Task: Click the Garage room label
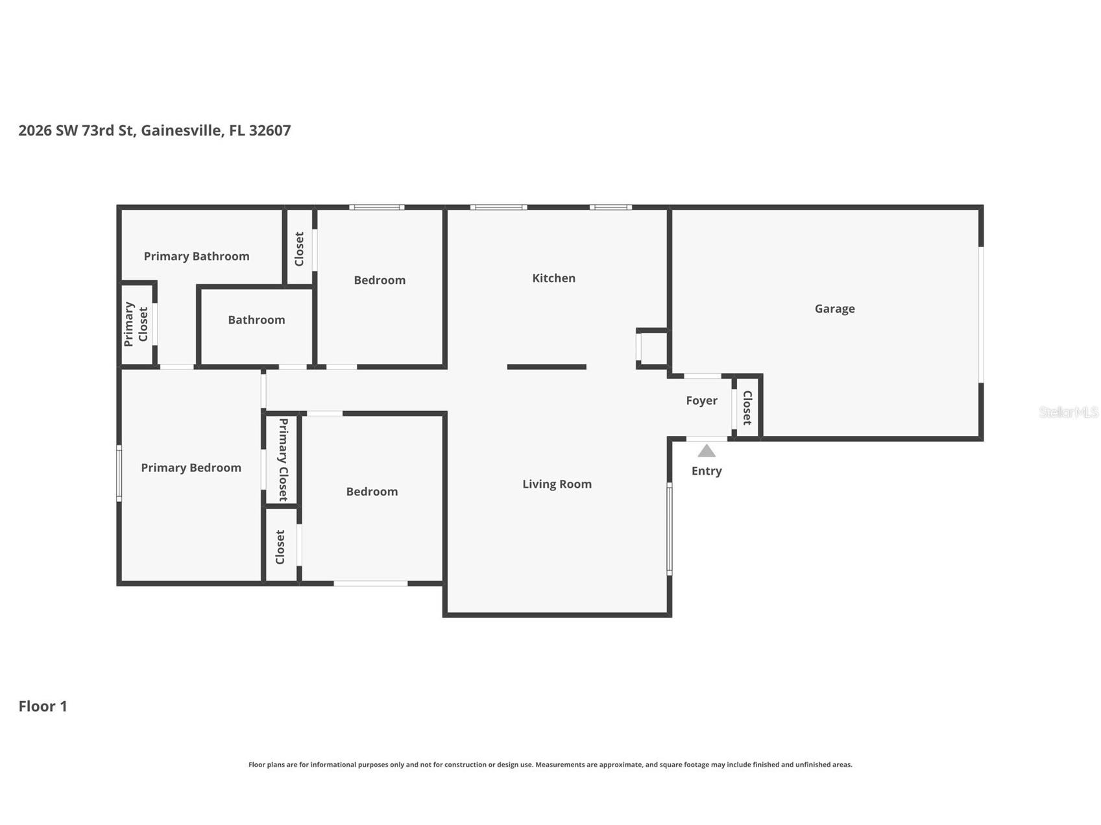834,309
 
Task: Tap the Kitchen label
553,278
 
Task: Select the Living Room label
557,484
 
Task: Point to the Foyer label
701,401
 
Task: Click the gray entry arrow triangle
707,451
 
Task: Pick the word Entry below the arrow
707,471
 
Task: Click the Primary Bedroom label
191,468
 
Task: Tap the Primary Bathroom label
196,256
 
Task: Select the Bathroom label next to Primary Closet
256,320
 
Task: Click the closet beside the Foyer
747,407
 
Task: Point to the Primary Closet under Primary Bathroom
136,324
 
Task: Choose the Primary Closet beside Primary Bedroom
283,459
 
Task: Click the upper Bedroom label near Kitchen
380,280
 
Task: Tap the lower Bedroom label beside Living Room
372,492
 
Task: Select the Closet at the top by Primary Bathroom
299,249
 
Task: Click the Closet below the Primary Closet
280,547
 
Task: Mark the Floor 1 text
43,706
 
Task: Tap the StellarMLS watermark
1069,412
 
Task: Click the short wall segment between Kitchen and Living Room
547,367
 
